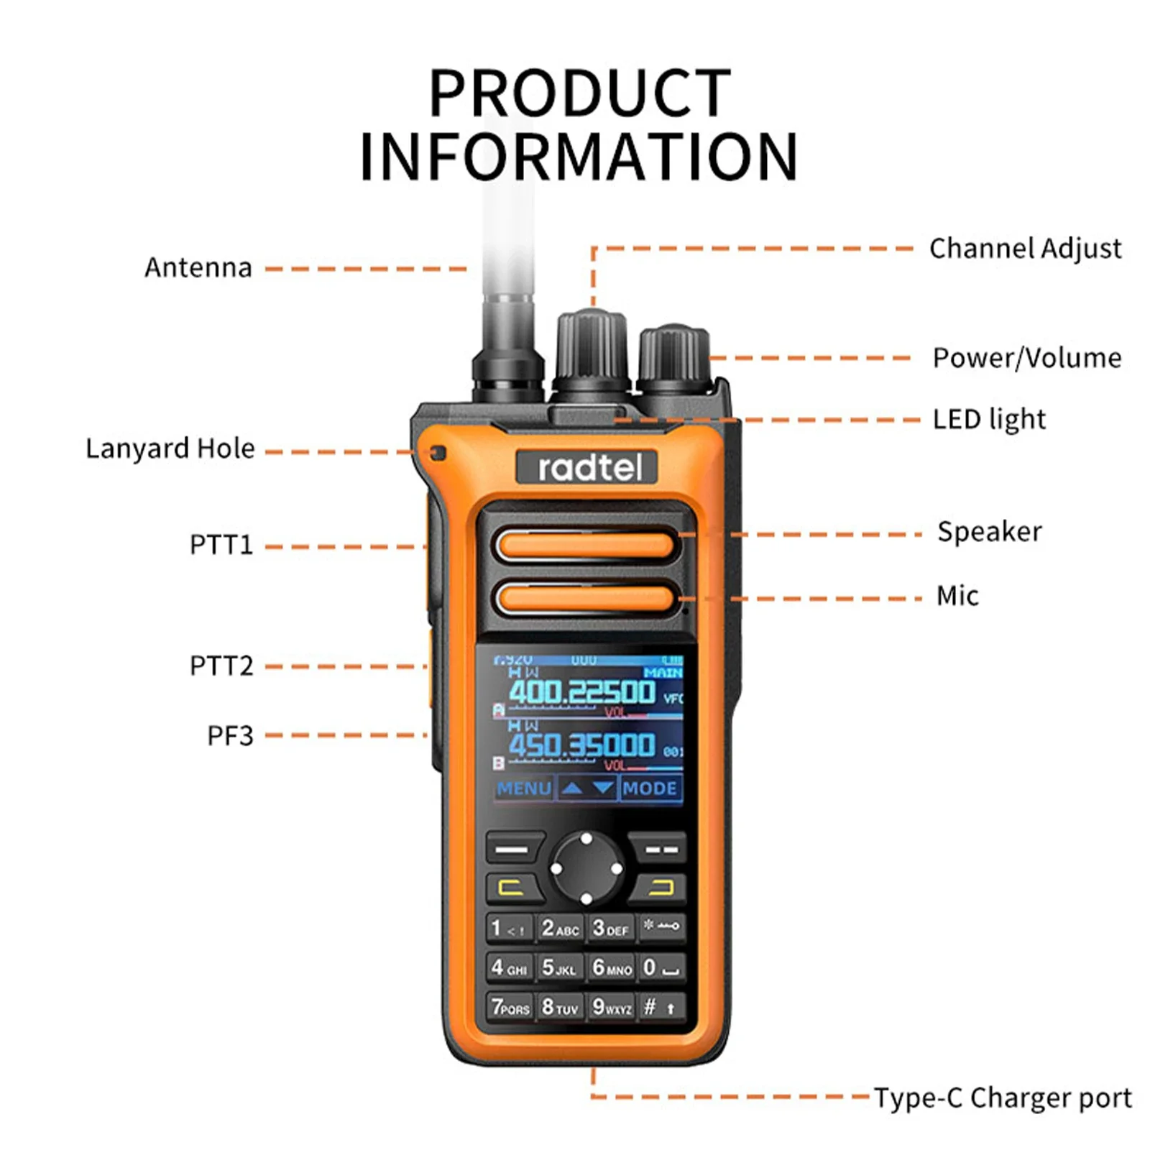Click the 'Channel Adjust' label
pyautogui.click(x=1024, y=249)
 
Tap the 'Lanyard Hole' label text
pyautogui.click(x=170, y=448)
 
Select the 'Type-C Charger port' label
pyautogui.click(x=1002, y=1098)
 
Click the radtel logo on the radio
pyautogui.click(x=587, y=468)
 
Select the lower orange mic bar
pyautogui.click(x=586, y=598)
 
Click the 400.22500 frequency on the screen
pyautogui.click(x=582, y=692)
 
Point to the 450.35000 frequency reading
pyautogui.click(x=582, y=745)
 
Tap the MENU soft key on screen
pyautogui.click(x=524, y=788)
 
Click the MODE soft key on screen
pyautogui.click(x=650, y=788)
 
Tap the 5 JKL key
pyautogui.click(x=559, y=967)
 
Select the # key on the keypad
pyautogui.click(x=659, y=1007)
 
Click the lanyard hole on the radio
pyautogui.click(x=438, y=453)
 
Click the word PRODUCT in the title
pyautogui.click(x=579, y=93)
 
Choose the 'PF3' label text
pyautogui.click(x=230, y=736)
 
